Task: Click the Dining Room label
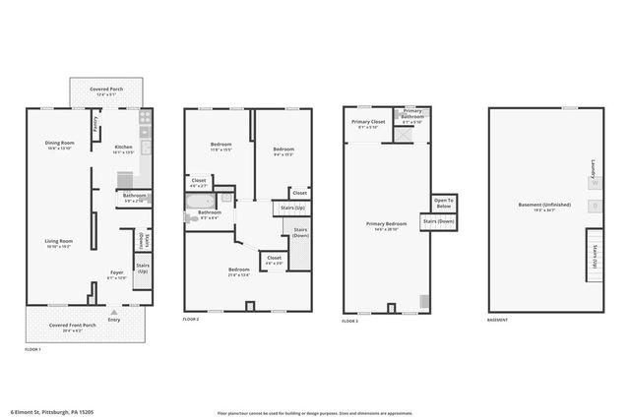59,146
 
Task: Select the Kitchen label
123,150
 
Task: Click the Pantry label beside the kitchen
94,124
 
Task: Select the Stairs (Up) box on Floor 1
142,267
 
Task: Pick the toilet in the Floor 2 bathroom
227,198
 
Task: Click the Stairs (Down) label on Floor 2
300,232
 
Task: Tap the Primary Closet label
369,124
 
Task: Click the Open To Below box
442,204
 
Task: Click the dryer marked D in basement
594,206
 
